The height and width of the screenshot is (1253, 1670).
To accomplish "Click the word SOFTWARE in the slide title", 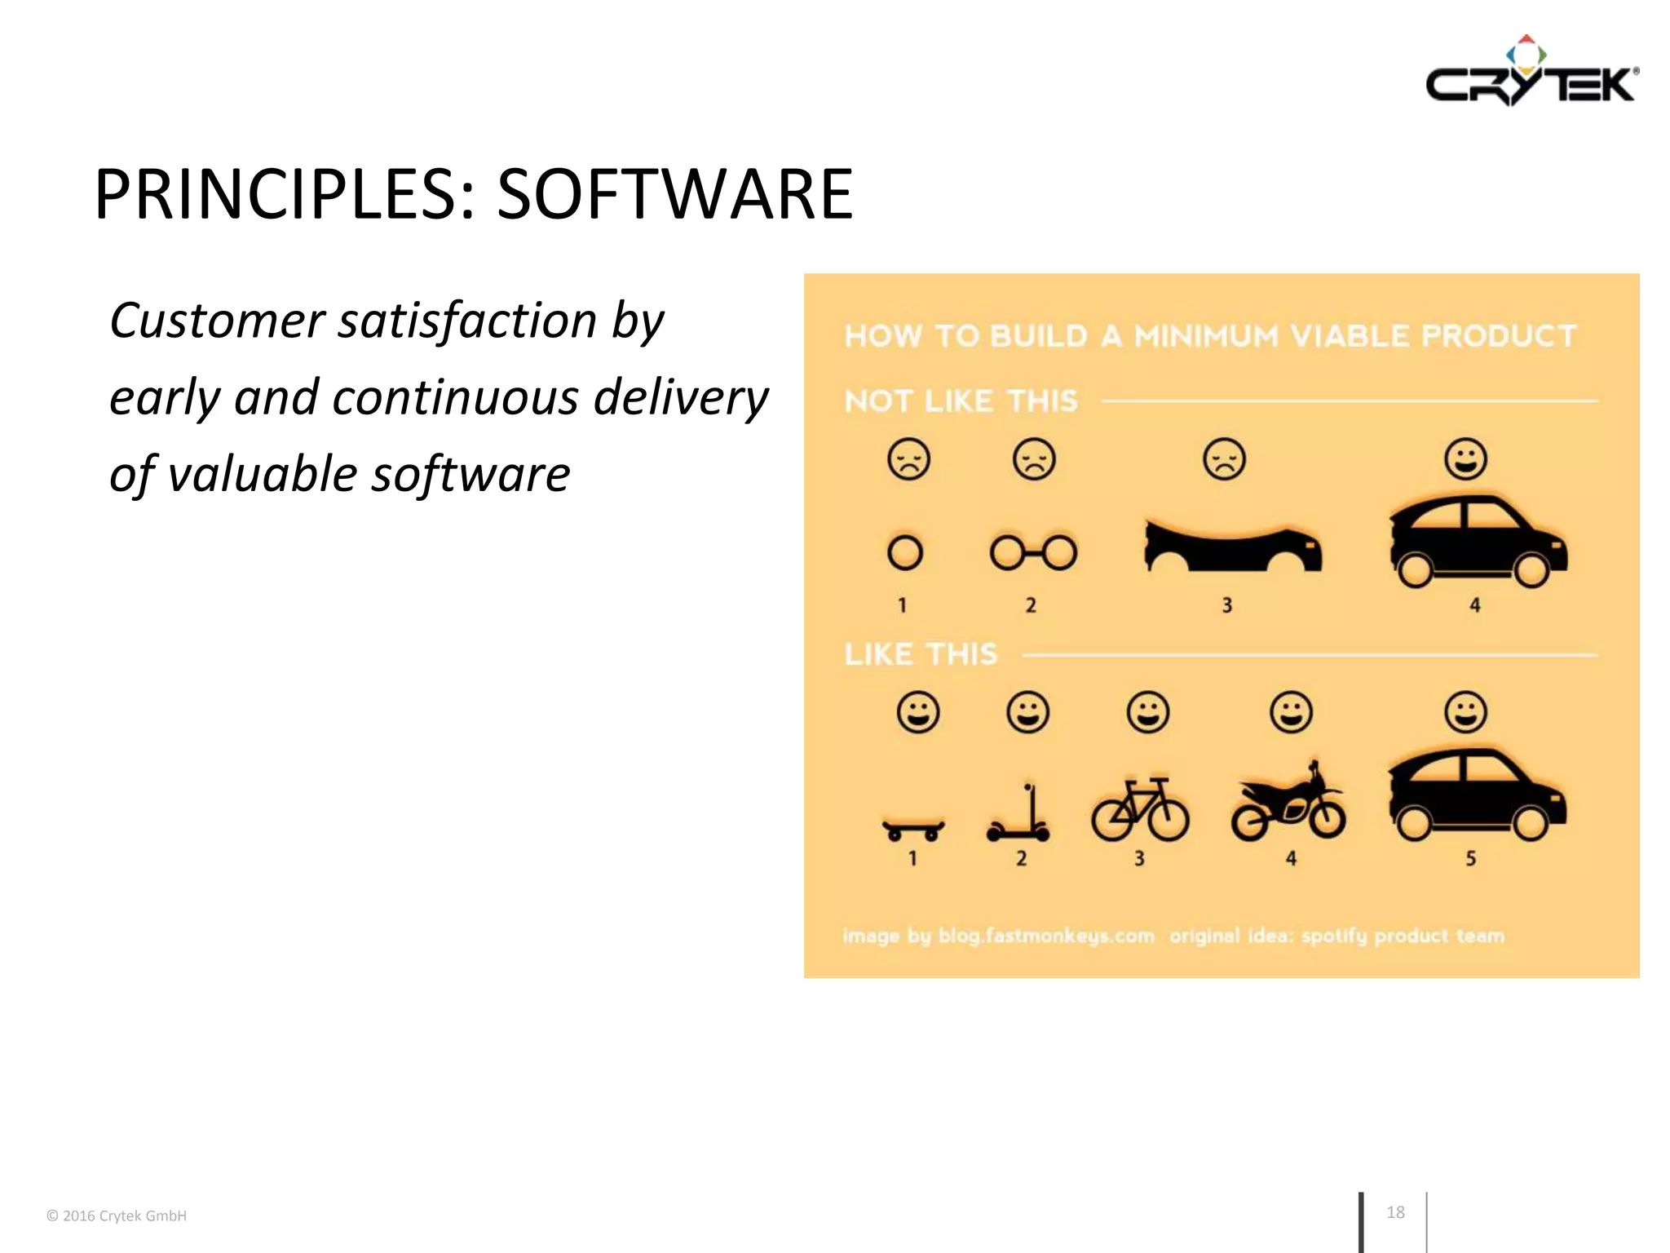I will pyautogui.click(x=674, y=195).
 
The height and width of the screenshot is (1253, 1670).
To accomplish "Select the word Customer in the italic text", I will pyautogui.click(x=217, y=320).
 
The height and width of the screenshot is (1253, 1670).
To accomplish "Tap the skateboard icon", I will pyautogui.click(x=913, y=829).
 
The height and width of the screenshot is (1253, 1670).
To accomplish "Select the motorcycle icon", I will pyautogui.click(x=1288, y=804).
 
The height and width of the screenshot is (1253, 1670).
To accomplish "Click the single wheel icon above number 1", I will pyautogui.click(x=905, y=553).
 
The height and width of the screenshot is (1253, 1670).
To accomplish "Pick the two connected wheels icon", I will pyautogui.click(x=1033, y=553).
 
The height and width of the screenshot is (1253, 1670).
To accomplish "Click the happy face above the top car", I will pyautogui.click(x=1465, y=458).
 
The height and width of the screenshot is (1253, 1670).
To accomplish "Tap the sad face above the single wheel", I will pyautogui.click(x=908, y=459).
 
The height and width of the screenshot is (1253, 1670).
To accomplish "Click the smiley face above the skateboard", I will pyautogui.click(x=918, y=712).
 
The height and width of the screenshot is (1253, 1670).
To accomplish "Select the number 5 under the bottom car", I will pyautogui.click(x=1471, y=858).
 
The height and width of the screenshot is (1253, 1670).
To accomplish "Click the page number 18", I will pyautogui.click(x=1395, y=1212).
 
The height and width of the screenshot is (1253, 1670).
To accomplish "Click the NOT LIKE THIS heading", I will pyautogui.click(x=961, y=401).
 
